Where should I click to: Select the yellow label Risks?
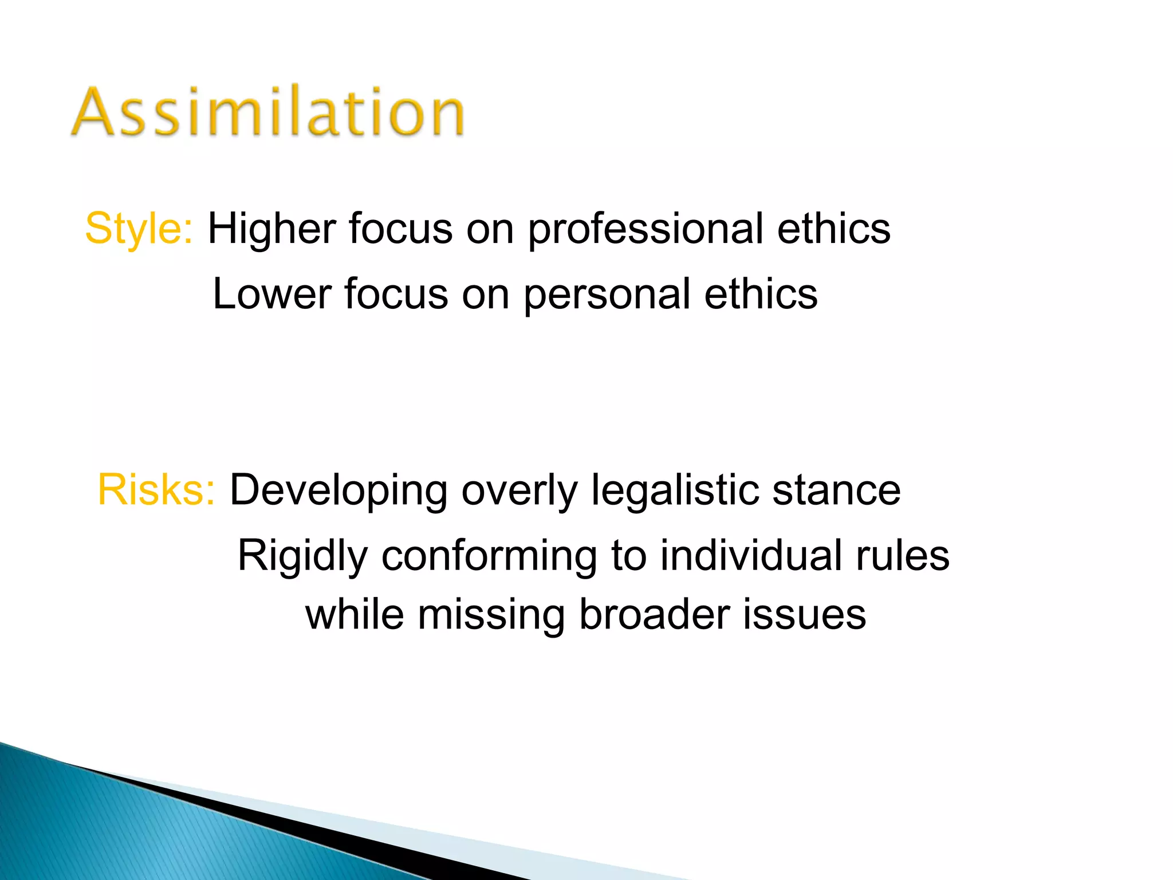click(x=156, y=490)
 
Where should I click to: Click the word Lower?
click(x=272, y=294)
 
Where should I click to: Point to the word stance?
click(x=836, y=490)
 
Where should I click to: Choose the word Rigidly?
click(x=302, y=556)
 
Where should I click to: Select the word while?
click(x=355, y=615)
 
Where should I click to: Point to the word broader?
click(x=654, y=615)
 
